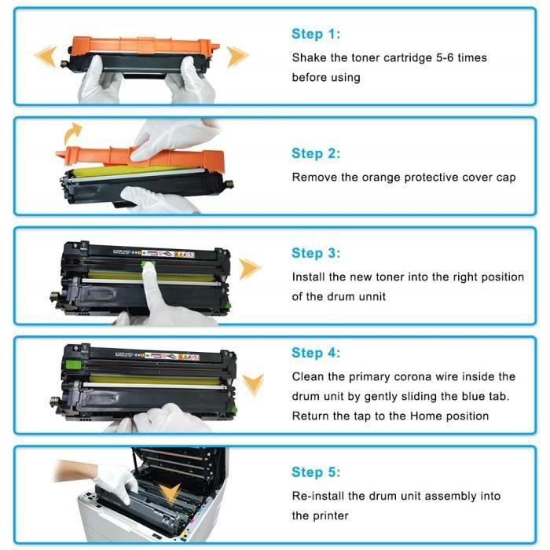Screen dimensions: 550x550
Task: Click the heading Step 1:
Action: (316, 34)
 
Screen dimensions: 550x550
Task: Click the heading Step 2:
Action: (316, 153)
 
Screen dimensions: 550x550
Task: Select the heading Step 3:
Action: (316, 253)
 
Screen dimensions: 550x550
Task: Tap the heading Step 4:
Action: (316, 353)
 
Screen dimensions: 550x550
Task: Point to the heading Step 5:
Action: (316, 472)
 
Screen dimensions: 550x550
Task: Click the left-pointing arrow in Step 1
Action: (45, 56)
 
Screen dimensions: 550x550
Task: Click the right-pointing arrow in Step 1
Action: (237, 56)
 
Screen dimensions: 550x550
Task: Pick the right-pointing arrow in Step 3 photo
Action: (250, 269)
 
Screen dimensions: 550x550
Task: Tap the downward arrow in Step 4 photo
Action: (252, 384)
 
